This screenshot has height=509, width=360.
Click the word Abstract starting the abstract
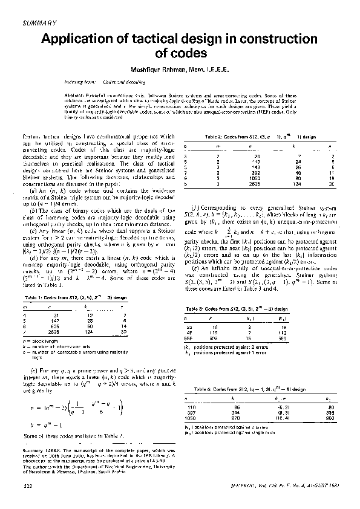click(75, 96)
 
